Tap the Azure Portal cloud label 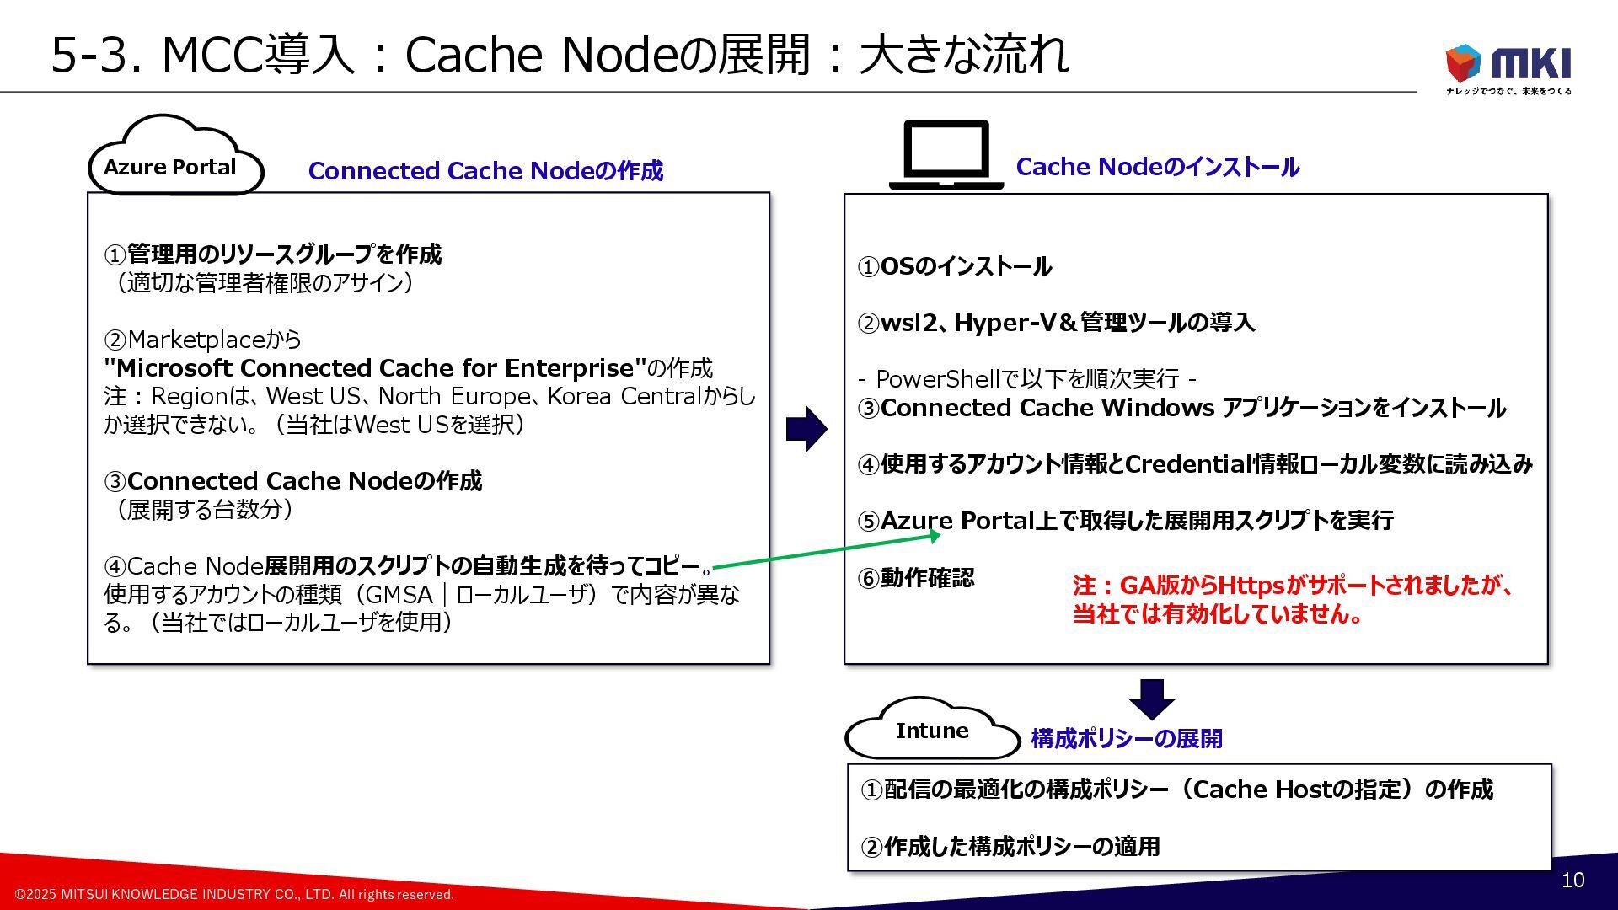point(170,167)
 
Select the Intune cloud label point(931,731)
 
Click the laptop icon point(946,155)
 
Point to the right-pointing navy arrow point(806,429)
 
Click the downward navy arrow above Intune point(1151,698)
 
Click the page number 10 point(1572,881)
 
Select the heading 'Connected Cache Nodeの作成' point(485,171)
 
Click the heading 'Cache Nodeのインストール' point(1157,167)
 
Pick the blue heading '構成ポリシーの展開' point(1126,739)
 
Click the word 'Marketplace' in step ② point(196,340)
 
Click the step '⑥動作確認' point(916,578)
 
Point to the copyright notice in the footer point(235,894)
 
